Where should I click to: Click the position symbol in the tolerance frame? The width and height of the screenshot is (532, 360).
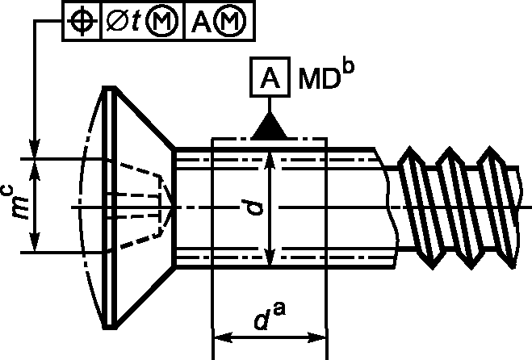[x=81, y=21]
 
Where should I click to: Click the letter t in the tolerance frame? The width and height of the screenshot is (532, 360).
[x=136, y=22]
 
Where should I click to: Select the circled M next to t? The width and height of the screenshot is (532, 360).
[x=161, y=21]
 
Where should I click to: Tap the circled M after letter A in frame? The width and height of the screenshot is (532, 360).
[x=232, y=21]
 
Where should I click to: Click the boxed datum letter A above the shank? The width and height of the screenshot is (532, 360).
[x=270, y=77]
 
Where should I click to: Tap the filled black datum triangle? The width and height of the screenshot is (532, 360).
[x=270, y=126]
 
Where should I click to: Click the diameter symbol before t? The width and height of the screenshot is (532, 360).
[x=117, y=21]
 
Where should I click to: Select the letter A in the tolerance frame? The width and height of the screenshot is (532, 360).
[x=201, y=22]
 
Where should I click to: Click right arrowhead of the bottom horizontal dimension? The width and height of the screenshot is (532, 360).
[x=316, y=338]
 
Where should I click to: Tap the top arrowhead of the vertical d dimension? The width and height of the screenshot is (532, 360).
[x=270, y=161]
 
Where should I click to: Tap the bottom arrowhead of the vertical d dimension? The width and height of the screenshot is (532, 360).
[x=270, y=256]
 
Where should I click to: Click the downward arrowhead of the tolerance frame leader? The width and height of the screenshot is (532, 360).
[x=35, y=149]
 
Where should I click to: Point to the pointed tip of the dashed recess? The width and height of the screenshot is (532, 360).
[x=174, y=207]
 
